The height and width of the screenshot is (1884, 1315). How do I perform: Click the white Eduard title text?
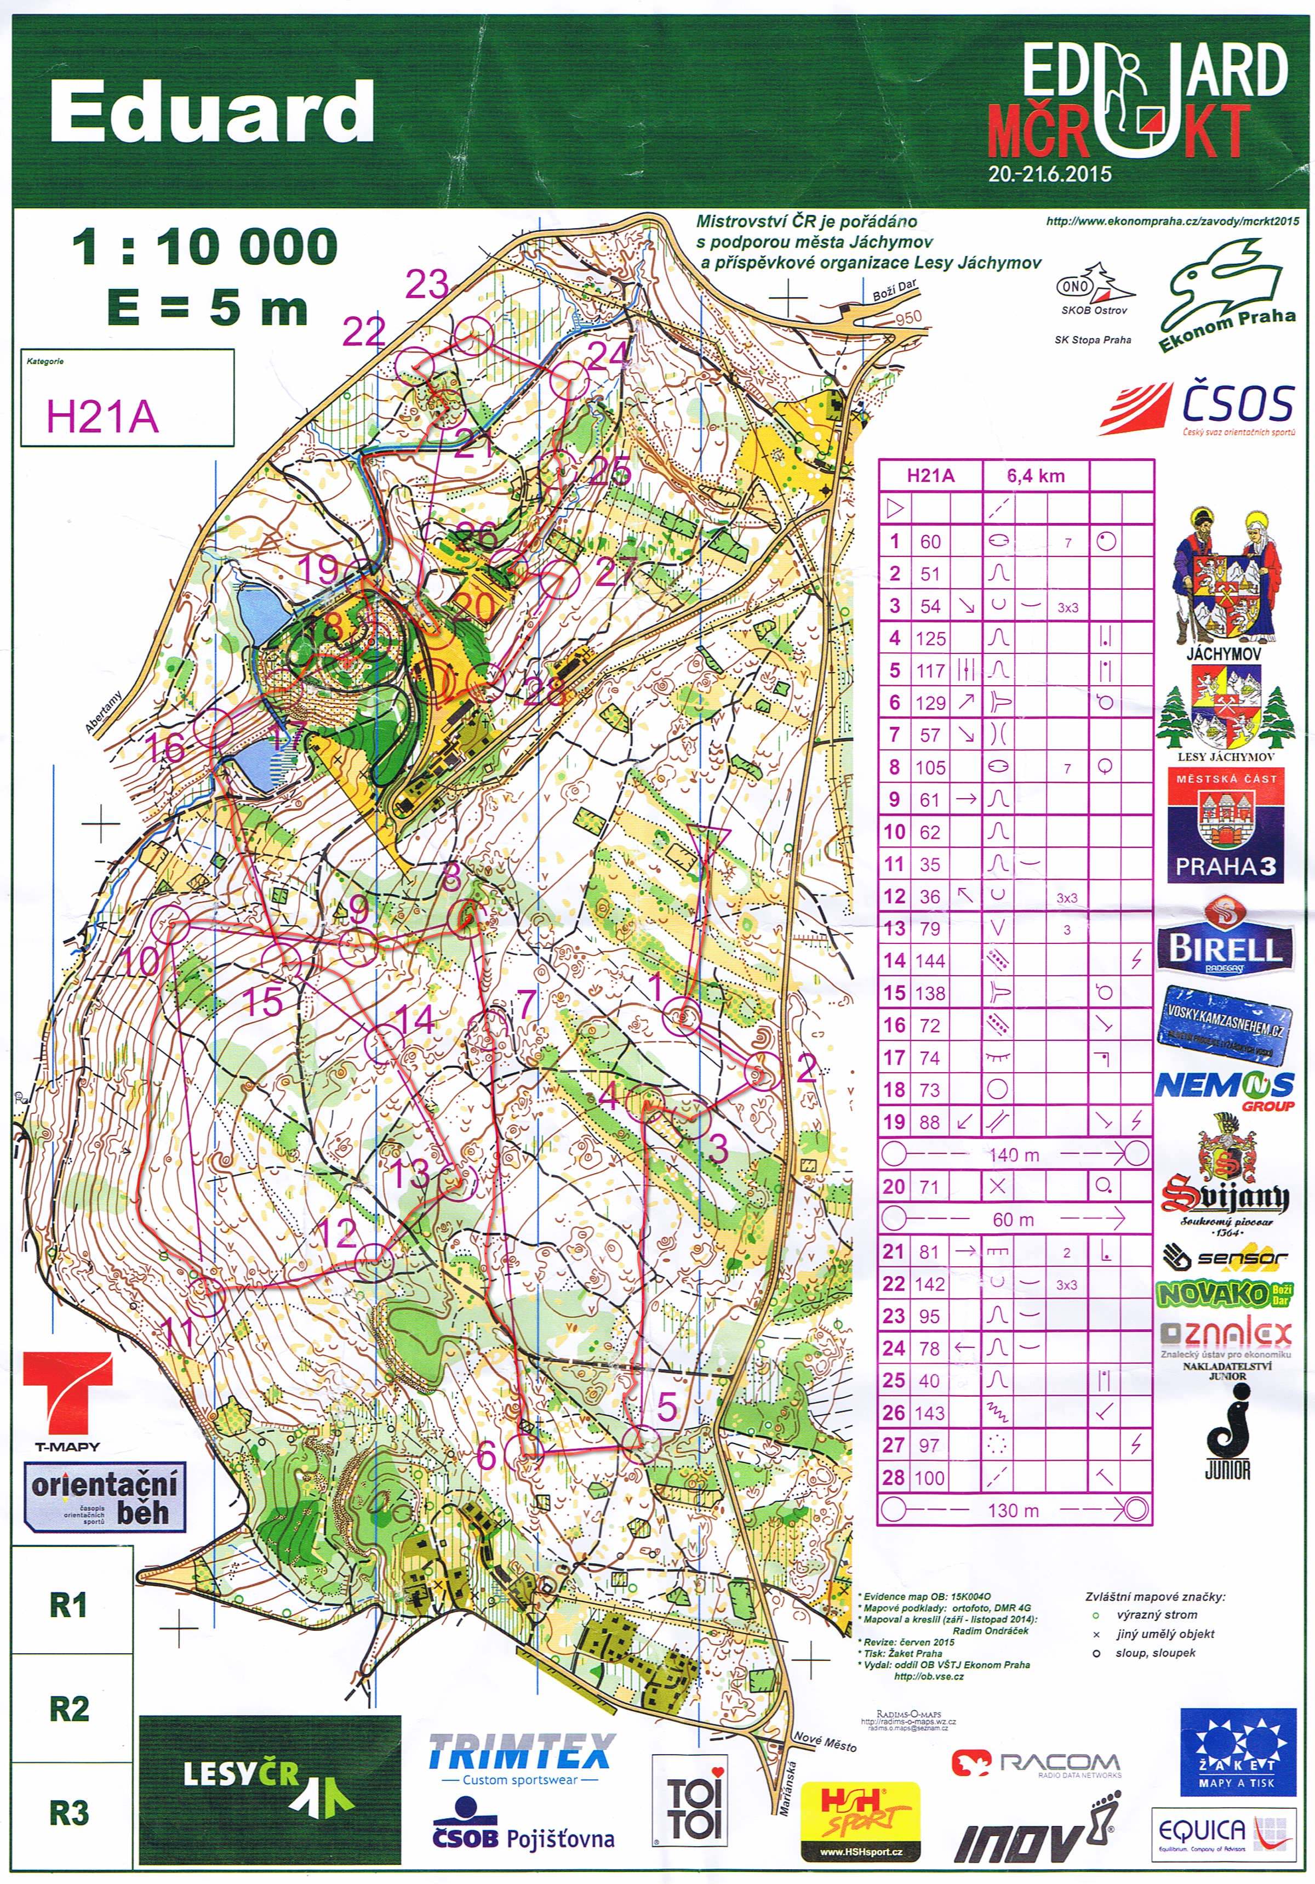coord(211,113)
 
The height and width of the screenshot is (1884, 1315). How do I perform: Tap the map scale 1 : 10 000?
coord(204,246)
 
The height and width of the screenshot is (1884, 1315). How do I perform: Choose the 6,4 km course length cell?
coord(1036,475)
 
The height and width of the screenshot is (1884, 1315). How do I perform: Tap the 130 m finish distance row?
coord(1014,1510)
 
